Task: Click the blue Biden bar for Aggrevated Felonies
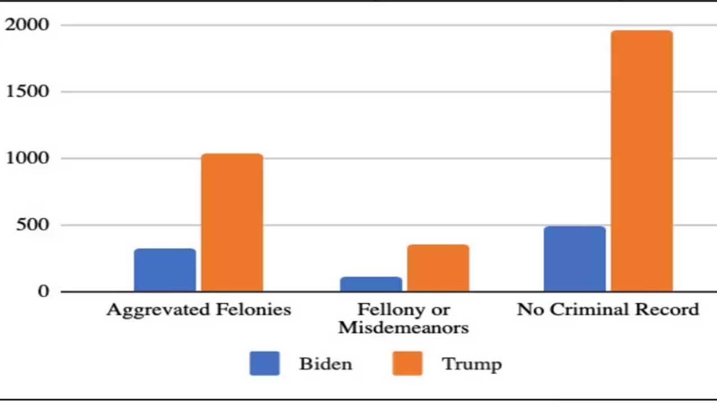pyautogui.click(x=165, y=270)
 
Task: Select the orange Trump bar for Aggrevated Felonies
pyautogui.click(x=232, y=222)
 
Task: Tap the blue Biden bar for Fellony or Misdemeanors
pyautogui.click(x=371, y=284)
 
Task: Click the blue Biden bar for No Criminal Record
pyautogui.click(x=575, y=259)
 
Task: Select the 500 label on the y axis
pyautogui.click(x=33, y=224)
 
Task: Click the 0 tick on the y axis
pyautogui.click(x=43, y=291)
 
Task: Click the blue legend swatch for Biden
pyautogui.click(x=264, y=363)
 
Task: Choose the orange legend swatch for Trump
pyautogui.click(x=407, y=363)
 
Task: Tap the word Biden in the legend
pyautogui.click(x=325, y=364)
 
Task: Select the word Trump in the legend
pyautogui.click(x=472, y=364)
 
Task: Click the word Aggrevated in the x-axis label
pyautogui.click(x=156, y=310)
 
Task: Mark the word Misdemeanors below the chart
pyautogui.click(x=403, y=327)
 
